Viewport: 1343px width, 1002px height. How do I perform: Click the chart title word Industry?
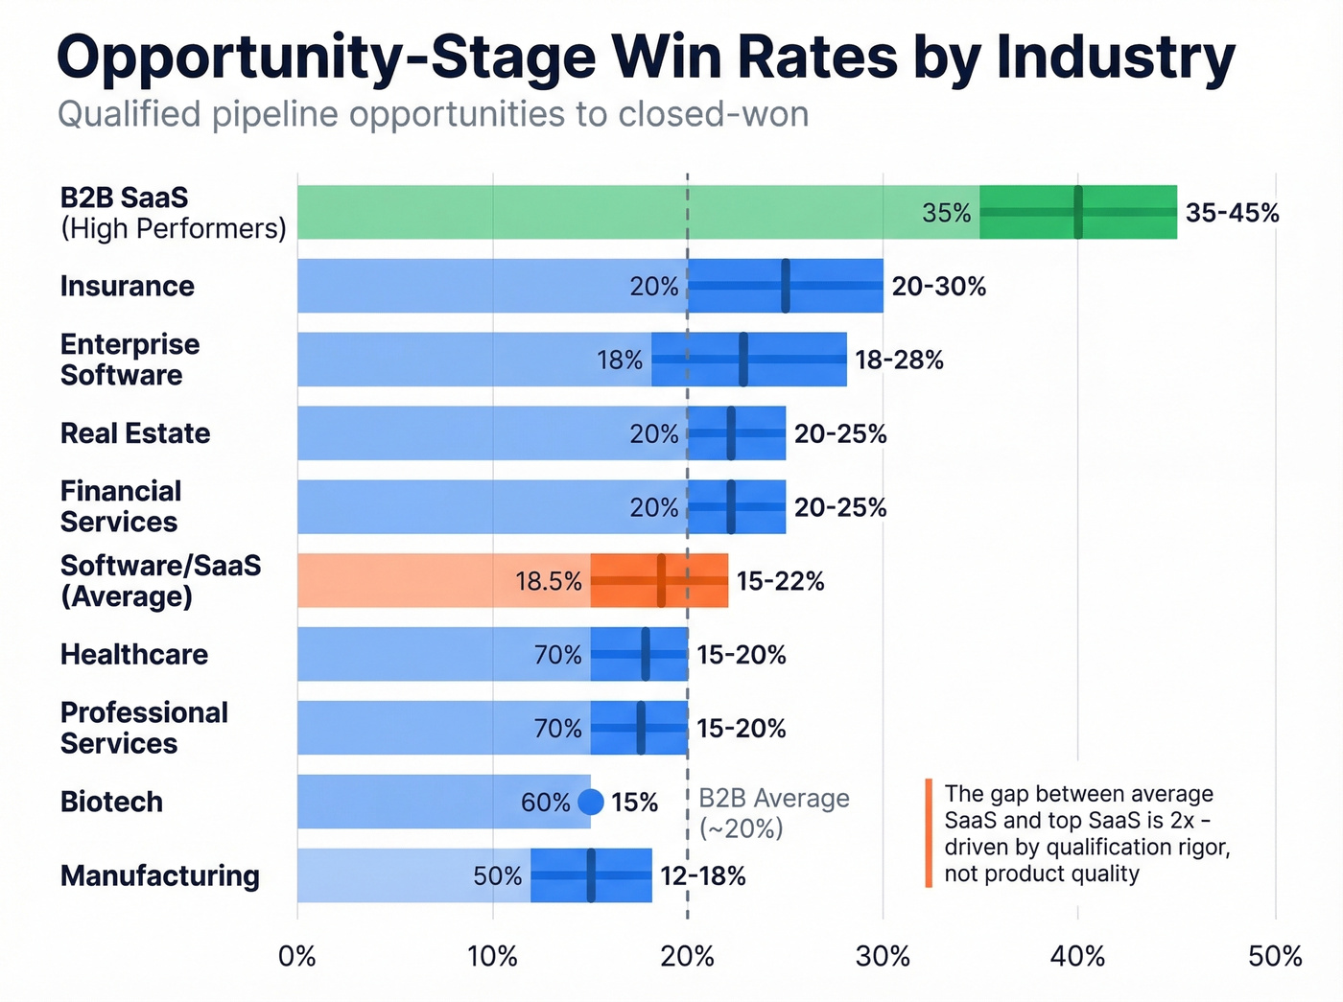(1116, 58)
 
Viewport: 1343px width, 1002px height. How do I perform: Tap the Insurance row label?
(127, 286)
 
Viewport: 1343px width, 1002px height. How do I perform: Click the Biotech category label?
(111, 802)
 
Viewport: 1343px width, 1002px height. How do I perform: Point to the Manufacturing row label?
(159, 875)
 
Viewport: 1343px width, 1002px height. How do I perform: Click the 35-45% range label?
(1232, 213)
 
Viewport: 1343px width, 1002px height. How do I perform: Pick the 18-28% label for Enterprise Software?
(899, 361)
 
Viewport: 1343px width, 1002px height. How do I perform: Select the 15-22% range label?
(780, 581)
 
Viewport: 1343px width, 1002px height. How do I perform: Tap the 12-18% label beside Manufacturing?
(702, 876)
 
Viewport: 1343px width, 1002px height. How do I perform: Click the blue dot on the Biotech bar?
(591, 802)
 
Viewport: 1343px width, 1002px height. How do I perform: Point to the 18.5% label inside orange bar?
(549, 581)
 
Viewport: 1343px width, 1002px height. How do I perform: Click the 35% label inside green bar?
(946, 213)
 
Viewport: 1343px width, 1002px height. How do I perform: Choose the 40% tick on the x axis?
(1077, 956)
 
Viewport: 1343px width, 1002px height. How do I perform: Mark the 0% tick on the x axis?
(297, 956)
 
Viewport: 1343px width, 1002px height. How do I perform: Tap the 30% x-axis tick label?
(883, 956)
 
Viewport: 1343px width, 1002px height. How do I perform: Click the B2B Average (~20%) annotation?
(773, 813)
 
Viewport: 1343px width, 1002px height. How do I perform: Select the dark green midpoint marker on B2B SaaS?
(1078, 212)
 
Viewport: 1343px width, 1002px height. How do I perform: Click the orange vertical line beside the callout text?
(929, 832)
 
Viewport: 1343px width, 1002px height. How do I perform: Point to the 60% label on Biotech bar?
(545, 802)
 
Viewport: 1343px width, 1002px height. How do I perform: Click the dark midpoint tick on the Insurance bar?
(786, 286)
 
